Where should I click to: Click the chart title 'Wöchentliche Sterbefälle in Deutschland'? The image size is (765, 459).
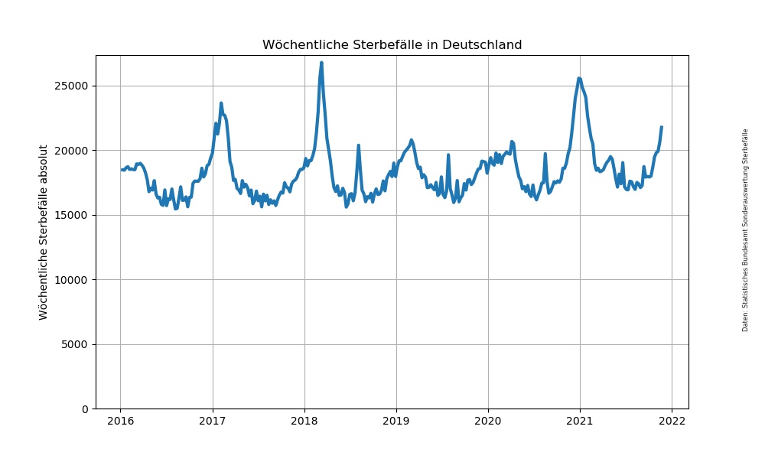point(392,45)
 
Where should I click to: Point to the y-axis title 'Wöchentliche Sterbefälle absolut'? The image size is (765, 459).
point(44,232)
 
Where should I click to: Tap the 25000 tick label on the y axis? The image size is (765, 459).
point(70,86)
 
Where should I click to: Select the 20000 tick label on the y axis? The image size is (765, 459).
point(70,151)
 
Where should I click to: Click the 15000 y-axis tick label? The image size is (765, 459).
point(70,215)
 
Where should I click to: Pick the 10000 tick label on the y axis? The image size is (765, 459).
point(70,280)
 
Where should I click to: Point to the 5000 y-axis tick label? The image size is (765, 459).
point(73,344)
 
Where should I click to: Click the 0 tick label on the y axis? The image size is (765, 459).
point(84,409)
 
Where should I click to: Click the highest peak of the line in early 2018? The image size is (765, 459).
point(321,63)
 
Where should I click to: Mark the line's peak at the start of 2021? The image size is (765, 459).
point(579,78)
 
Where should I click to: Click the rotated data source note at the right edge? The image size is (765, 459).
point(745,229)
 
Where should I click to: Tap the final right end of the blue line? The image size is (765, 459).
point(662,127)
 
